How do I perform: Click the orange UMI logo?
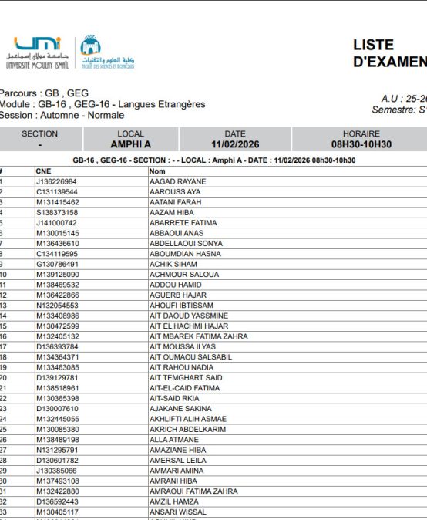click(x=37, y=45)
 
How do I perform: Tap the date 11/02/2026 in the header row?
click(x=235, y=144)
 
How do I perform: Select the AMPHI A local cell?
click(x=130, y=144)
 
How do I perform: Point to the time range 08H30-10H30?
click(x=361, y=144)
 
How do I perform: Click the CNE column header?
click(x=43, y=171)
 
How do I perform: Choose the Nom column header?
click(x=157, y=171)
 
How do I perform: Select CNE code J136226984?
click(x=56, y=182)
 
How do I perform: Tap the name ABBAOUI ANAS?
click(x=177, y=233)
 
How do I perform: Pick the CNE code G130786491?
click(x=57, y=264)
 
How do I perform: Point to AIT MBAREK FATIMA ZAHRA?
click(x=199, y=336)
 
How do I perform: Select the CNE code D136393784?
click(x=57, y=347)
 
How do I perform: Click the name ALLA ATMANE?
click(x=174, y=440)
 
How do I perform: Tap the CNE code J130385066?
click(x=56, y=471)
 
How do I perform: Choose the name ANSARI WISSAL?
click(x=179, y=512)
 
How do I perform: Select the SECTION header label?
click(x=39, y=134)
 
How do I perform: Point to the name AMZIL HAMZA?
click(x=175, y=501)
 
